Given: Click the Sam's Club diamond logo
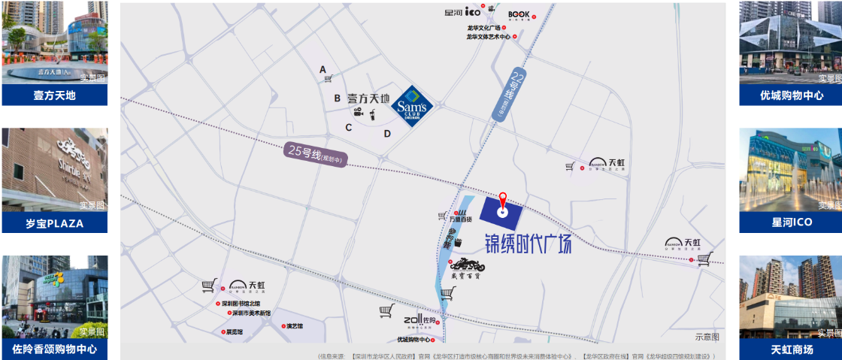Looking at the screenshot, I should pos(413,106).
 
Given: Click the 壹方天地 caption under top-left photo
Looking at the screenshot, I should pos(54,95).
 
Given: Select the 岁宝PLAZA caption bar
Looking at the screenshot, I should pos(54,223).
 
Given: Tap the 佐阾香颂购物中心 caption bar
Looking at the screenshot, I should pos(54,349).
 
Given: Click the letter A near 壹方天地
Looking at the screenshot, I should pos(323,70).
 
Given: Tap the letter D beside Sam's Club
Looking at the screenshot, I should pos(387,134).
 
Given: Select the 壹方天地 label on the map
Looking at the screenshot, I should pos(368,98).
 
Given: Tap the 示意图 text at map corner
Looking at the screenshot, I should pos(707,337).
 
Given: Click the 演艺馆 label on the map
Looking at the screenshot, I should pos(294,325).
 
